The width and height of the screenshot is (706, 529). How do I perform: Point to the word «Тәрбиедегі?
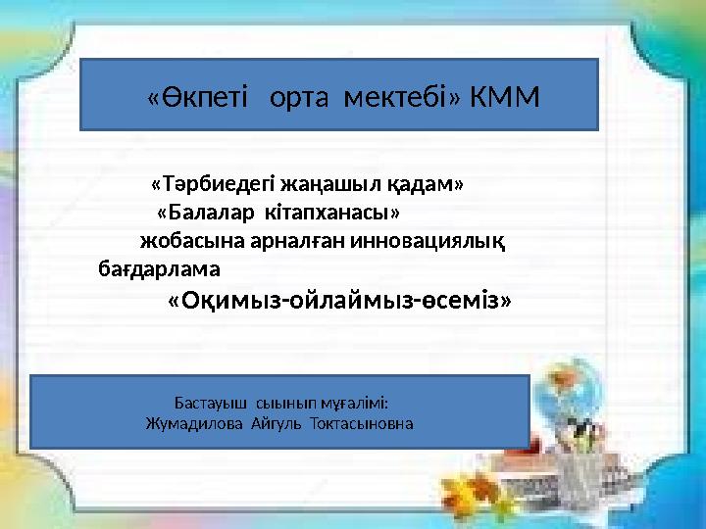[213, 184]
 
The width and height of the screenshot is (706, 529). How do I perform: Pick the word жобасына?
[183, 241]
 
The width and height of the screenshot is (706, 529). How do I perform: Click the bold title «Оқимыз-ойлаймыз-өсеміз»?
[339, 300]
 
